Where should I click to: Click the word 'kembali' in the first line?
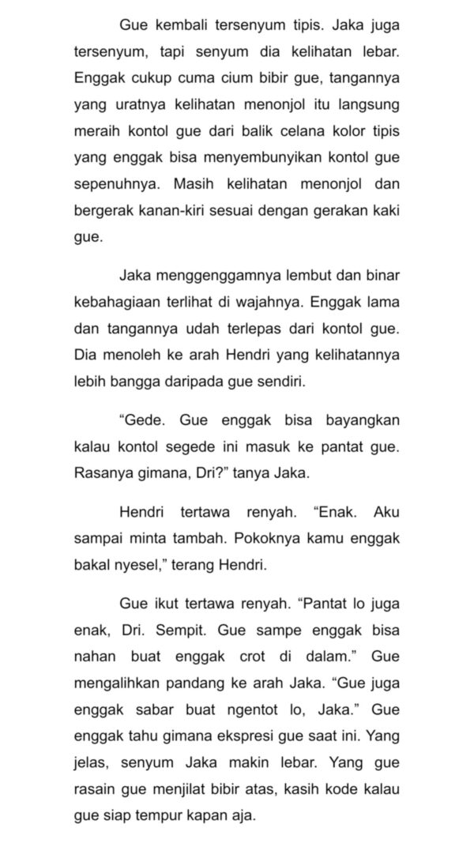pos(182,24)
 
